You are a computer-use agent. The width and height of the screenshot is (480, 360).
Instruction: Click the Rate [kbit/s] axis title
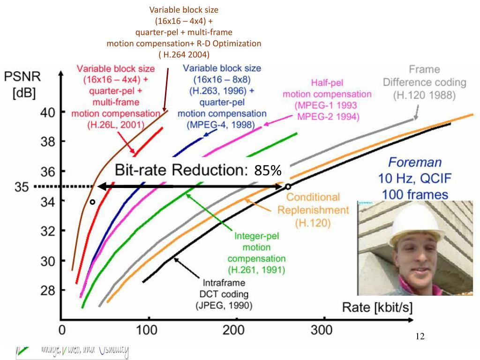click(378, 307)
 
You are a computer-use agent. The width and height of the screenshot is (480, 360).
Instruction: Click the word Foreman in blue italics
click(415, 163)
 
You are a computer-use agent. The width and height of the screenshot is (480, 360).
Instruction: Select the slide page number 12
click(420, 337)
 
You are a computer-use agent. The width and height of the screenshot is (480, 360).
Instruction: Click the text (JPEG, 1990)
click(224, 306)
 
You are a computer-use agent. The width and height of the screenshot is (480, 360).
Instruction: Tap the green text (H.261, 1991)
click(256, 270)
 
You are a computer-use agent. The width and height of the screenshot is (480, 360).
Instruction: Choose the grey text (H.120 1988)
click(425, 95)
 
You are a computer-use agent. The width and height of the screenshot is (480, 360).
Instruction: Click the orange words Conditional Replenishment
click(313, 203)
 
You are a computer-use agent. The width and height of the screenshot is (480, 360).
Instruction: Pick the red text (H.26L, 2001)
click(115, 125)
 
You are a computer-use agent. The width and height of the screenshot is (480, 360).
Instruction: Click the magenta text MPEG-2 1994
click(328, 116)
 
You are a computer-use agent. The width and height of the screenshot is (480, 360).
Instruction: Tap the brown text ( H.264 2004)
click(184, 54)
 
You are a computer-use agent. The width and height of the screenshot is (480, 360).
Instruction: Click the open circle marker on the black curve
click(287, 187)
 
